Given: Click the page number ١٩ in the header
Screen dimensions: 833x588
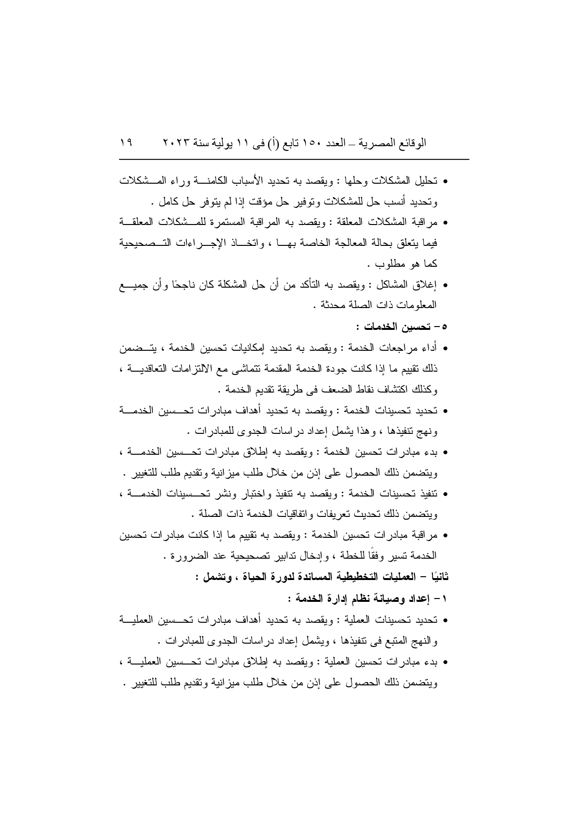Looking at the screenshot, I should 127,142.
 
